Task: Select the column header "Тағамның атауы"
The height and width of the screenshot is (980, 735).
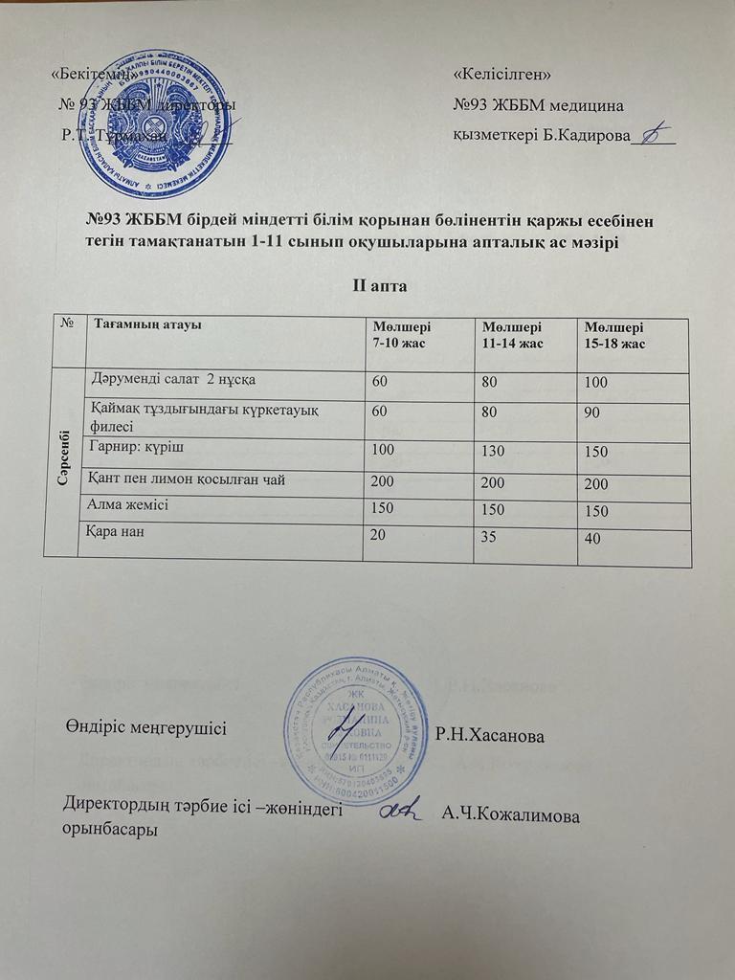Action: [x=145, y=325]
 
